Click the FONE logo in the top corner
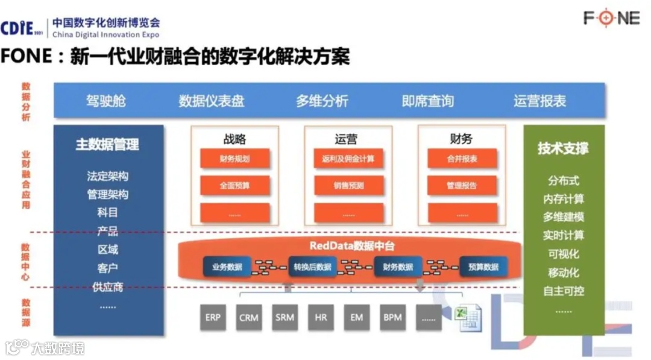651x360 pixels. (611, 17)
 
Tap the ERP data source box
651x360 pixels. (213, 317)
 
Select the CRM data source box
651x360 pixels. (249, 317)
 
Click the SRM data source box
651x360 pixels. (285, 317)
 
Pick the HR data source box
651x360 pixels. (321, 317)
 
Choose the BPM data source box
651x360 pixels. (392, 317)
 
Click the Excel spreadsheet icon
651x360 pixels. (468, 317)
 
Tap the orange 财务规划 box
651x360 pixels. (234, 159)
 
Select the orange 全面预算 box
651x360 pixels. (234, 186)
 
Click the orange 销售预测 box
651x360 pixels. (348, 186)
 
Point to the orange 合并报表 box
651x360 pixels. (462, 159)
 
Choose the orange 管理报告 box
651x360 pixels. (462, 186)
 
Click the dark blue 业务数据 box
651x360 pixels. (227, 267)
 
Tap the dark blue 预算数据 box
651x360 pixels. (483, 267)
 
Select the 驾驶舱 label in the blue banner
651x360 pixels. (106, 101)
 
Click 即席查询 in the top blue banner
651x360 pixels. (428, 101)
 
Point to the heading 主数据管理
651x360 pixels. (107, 145)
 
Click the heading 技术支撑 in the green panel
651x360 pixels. (563, 148)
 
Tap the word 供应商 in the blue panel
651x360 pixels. (108, 286)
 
